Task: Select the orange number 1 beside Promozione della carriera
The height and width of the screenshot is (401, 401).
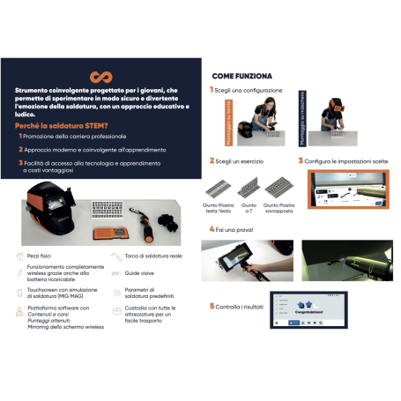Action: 20,136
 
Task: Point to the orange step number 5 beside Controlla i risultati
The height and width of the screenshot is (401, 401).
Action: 212,306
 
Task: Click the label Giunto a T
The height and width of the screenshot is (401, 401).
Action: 249,207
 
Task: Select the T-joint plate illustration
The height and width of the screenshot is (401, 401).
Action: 249,186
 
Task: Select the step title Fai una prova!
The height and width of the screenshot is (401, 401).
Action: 237,229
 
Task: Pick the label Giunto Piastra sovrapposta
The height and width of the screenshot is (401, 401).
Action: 278,207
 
